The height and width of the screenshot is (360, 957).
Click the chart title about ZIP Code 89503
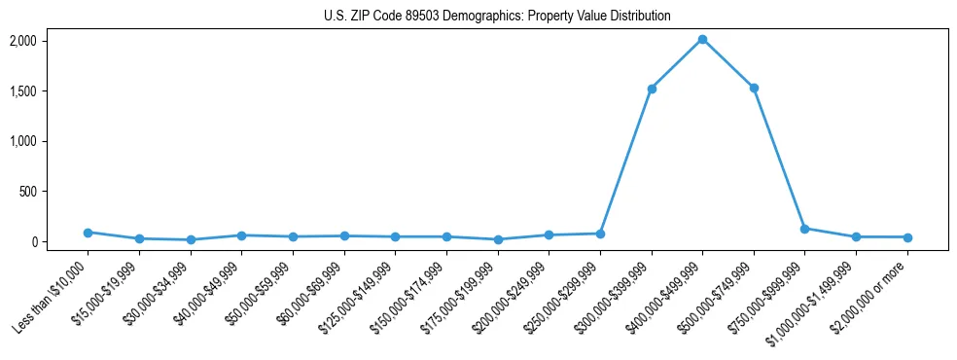pos(497,17)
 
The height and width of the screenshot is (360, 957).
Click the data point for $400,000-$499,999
pos(702,39)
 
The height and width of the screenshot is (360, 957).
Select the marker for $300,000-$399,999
pos(652,89)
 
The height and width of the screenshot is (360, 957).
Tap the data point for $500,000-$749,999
pos(754,88)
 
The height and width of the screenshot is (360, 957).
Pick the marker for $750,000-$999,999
pos(804,229)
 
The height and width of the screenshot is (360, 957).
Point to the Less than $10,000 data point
pos(88,233)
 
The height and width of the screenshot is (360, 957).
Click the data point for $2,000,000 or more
pos(907,237)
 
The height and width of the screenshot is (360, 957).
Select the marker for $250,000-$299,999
pos(600,234)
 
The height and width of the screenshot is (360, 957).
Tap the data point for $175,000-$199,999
pos(498,239)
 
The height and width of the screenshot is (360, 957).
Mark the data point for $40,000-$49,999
pos(241,235)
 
